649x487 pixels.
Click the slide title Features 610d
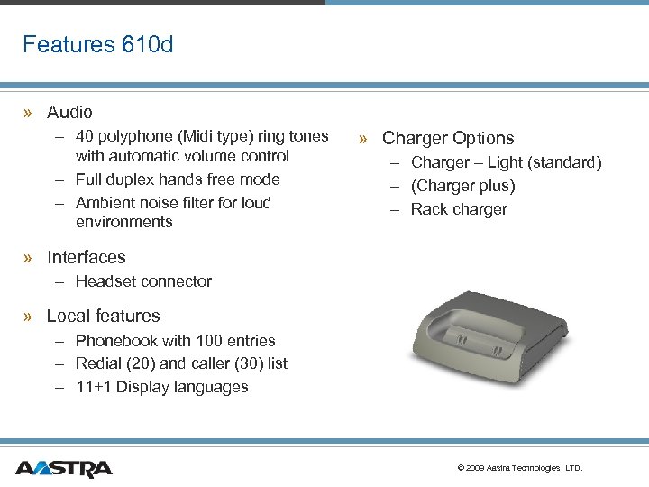click(97, 44)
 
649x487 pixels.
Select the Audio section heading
click(69, 113)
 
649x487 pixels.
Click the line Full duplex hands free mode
click(178, 179)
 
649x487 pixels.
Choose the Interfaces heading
click(86, 258)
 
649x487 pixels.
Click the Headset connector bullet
click(143, 281)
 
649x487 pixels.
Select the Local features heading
click(103, 317)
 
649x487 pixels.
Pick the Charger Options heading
click(448, 139)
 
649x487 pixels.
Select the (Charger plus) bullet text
click(463, 187)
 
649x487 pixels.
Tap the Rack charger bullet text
click(459, 210)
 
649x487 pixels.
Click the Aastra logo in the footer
click(63, 468)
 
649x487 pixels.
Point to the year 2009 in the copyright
click(476, 469)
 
